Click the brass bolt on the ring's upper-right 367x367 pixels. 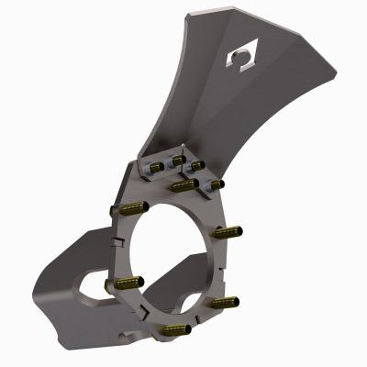tap(229, 230)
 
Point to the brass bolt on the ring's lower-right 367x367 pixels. tap(223, 301)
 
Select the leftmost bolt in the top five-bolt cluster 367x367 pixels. tap(155, 167)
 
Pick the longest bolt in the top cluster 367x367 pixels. tap(183, 186)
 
